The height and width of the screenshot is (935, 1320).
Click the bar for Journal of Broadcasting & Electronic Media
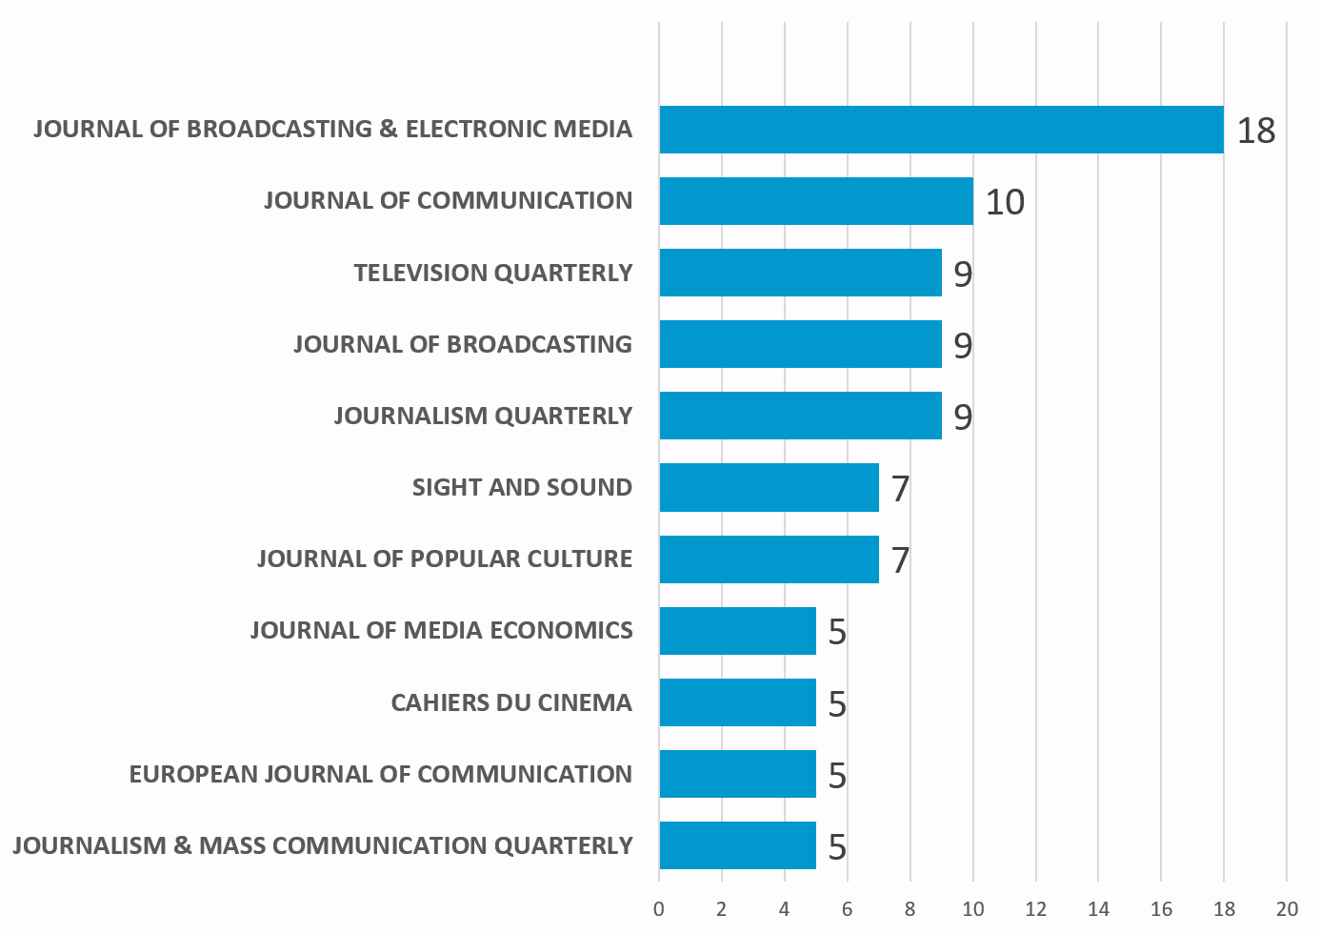(x=941, y=130)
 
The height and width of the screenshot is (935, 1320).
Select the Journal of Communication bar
(x=815, y=201)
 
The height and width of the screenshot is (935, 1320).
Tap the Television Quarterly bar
(x=800, y=273)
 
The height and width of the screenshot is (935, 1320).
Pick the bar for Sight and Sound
(x=769, y=487)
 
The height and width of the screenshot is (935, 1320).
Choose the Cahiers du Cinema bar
(x=737, y=702)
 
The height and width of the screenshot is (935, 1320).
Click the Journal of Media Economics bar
(x=737, y=631)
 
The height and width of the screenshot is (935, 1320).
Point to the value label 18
(x=1255, y=131)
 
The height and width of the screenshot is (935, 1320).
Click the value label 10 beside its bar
(x=1004, y=202)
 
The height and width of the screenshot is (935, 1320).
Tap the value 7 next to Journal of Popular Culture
(x=900, y=560)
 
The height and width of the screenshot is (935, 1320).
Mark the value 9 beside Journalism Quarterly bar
(x=963, y=417)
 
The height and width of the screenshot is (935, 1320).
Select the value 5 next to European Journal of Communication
(x=837, y=776)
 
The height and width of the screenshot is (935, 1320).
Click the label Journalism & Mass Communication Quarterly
(x=323, y=845)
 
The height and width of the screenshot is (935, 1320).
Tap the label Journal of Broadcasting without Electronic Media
(x=463, y=344)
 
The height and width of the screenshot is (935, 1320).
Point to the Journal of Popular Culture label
(x=445, y=559)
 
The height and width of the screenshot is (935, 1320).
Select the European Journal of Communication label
(x=381, y=774)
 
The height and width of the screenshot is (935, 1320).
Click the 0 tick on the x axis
(x=659, y=909)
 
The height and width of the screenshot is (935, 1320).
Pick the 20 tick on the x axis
(x=1287, y=909)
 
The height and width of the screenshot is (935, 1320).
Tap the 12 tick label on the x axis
(x=1035, y=909)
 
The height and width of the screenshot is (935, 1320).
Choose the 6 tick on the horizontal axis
(x=847, y=909)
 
